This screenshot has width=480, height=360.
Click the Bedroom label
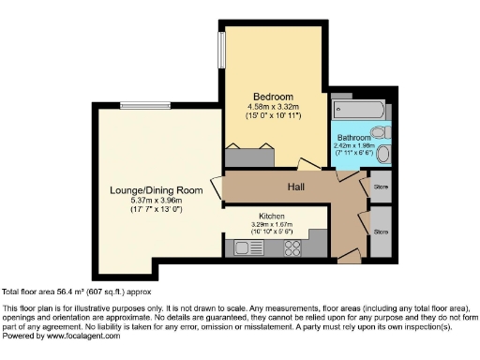(274, 97)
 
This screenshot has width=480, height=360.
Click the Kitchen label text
(272, 216)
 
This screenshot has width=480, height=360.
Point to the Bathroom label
(354, 138)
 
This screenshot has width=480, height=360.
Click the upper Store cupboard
(380, 186)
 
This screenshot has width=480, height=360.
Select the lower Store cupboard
(380, 231)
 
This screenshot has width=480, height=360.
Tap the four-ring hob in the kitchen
(291, 249)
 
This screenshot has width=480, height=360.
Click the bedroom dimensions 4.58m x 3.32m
(274, 109)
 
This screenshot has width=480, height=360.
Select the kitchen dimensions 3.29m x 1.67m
(272, 224)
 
